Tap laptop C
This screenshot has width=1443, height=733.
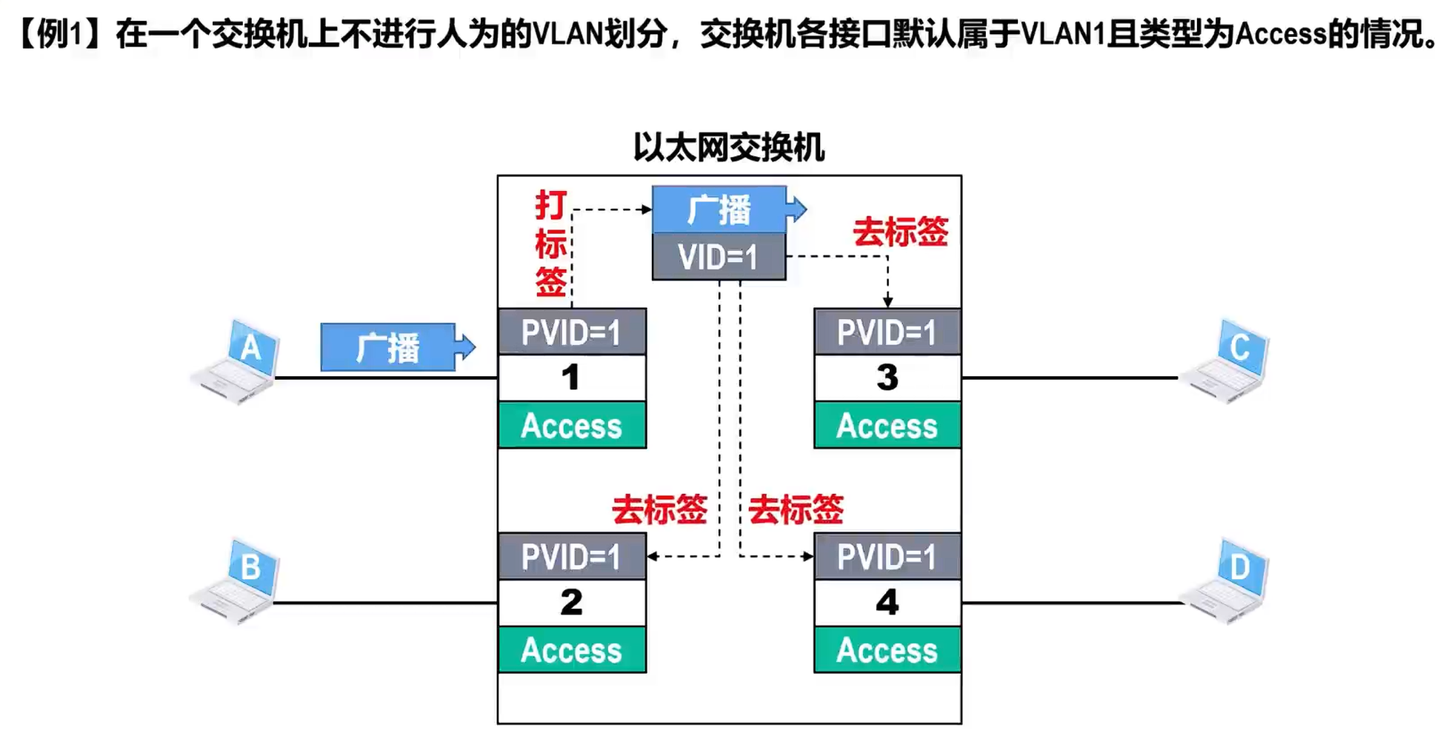point(1226,361)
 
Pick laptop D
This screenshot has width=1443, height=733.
point(1226,582)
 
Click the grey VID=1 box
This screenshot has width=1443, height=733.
point(719,258)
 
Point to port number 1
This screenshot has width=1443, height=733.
point(571,378)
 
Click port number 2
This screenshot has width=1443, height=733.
point(571,602)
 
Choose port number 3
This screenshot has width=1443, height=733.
point(887,378)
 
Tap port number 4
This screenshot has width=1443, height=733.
point(887,602)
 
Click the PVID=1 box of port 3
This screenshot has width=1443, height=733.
point(887,332)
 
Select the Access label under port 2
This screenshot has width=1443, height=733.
point(571,650)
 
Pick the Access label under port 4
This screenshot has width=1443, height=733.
point(887,650)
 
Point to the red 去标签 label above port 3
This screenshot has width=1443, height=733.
point(900,232)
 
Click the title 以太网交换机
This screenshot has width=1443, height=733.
point(729,147)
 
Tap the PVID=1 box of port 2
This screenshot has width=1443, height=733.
point(571,557)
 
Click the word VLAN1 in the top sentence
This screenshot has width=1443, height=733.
point(1063,34)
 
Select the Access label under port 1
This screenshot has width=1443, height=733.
point(571,426)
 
